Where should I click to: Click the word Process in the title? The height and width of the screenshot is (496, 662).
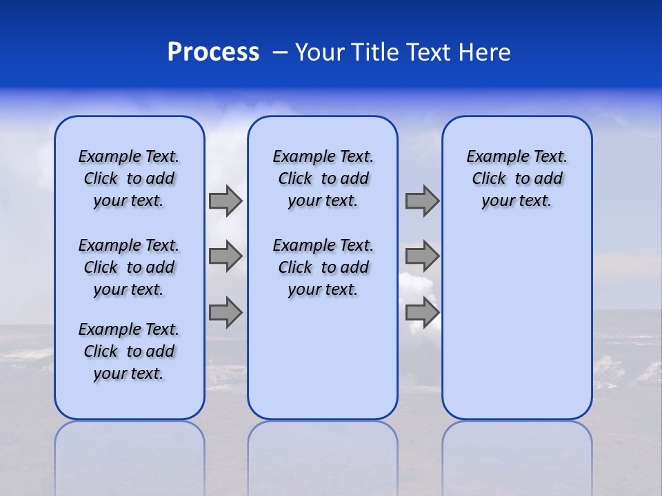point(213,52)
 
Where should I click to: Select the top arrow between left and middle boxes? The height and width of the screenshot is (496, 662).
point(225,201)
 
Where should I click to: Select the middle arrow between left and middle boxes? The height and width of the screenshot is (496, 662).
point(225,256)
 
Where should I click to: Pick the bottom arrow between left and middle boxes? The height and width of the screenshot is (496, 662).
point(225,312)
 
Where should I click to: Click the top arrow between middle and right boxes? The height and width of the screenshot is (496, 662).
point(422,201)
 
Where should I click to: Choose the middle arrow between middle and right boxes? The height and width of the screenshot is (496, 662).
point(422,256)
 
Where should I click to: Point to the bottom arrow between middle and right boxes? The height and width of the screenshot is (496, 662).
point(422,312)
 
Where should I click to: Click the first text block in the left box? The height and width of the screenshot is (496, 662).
point(129,178)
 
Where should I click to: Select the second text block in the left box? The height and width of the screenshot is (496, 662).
point(129,267)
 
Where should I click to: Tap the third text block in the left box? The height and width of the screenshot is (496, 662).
point(129,351)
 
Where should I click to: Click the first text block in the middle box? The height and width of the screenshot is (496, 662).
point(323,178)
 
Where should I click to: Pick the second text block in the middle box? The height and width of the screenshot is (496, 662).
point(323,267)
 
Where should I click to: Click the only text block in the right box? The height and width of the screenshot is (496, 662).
point(516,178)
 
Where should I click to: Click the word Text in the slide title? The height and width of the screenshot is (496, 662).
point(428,52)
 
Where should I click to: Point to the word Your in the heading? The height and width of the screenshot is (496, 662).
point(320,52)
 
